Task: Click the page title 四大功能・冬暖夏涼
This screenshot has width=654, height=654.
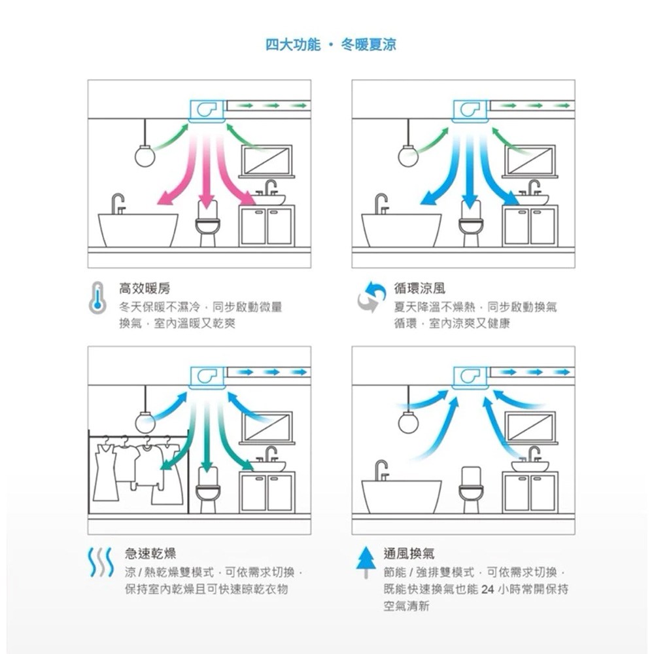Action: pos(331,44)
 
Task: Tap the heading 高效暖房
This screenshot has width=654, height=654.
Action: pos(145,288)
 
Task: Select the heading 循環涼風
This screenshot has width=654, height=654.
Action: pos(420,288)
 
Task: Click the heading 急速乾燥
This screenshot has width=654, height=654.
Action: pos(150,553)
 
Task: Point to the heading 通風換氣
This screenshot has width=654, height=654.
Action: pos(409,553)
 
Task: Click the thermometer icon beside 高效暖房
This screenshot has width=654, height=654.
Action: pos(97,298)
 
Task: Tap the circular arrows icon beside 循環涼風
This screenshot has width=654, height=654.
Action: pos(371,296)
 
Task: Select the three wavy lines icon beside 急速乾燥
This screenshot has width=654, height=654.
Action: pos(101,562)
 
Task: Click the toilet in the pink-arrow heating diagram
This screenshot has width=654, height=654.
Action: pos(207,224)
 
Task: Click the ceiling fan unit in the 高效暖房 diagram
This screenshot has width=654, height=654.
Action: pos(207,111)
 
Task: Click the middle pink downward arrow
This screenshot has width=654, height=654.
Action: pos(207,171)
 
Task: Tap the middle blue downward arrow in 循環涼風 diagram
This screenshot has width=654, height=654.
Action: pos(470,171)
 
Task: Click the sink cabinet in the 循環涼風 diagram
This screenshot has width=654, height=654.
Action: pos(530,226)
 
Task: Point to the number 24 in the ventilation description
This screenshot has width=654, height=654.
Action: pos(489,589)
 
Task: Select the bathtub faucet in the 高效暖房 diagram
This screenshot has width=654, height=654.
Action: pos(118,203)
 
